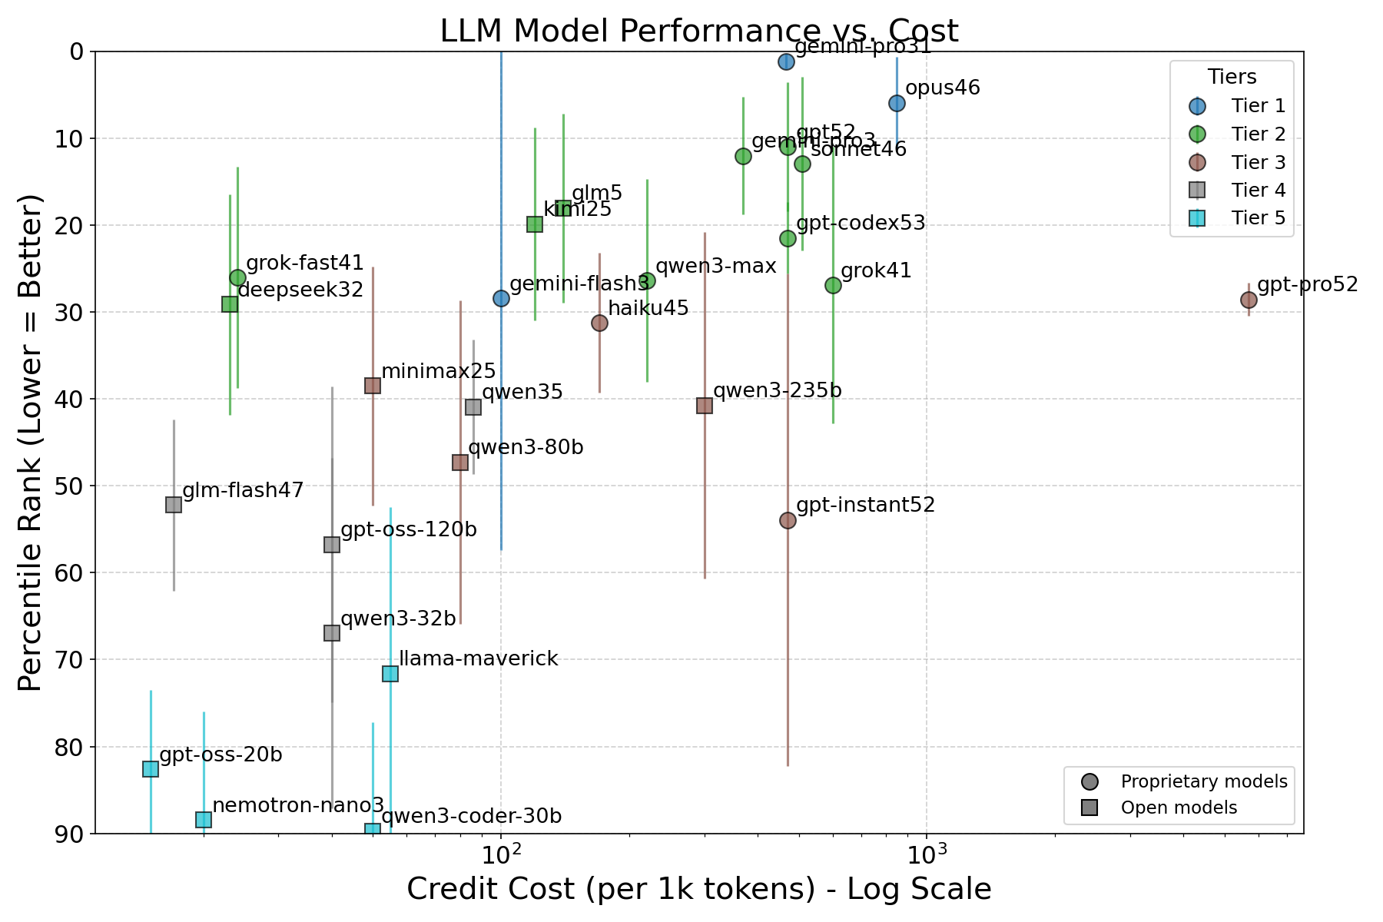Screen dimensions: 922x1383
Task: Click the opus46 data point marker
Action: [897, 103]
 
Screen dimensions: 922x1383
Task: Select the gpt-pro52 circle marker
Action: [1249, 300]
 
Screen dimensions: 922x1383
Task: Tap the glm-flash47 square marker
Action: [174, 505]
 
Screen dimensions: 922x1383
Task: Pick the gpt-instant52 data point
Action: [788, 521]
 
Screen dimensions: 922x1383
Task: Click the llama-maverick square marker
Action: [390, 674]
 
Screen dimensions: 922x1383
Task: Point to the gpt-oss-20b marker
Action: [151, 769]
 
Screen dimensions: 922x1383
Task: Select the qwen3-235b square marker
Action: [705, 405]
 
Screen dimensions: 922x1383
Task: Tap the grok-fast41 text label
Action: [304, 264]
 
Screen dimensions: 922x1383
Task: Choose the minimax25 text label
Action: [438, 372]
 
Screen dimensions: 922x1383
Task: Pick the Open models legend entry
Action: [1179, 808]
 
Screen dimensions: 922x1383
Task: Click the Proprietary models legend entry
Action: [1203, 782]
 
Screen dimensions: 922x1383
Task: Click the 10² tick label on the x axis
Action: [501, 852]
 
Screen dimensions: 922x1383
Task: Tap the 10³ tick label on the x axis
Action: [927, 852]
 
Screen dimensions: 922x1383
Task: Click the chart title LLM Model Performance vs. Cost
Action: [698, 32]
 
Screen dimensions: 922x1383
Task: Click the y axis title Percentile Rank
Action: [31, 442]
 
